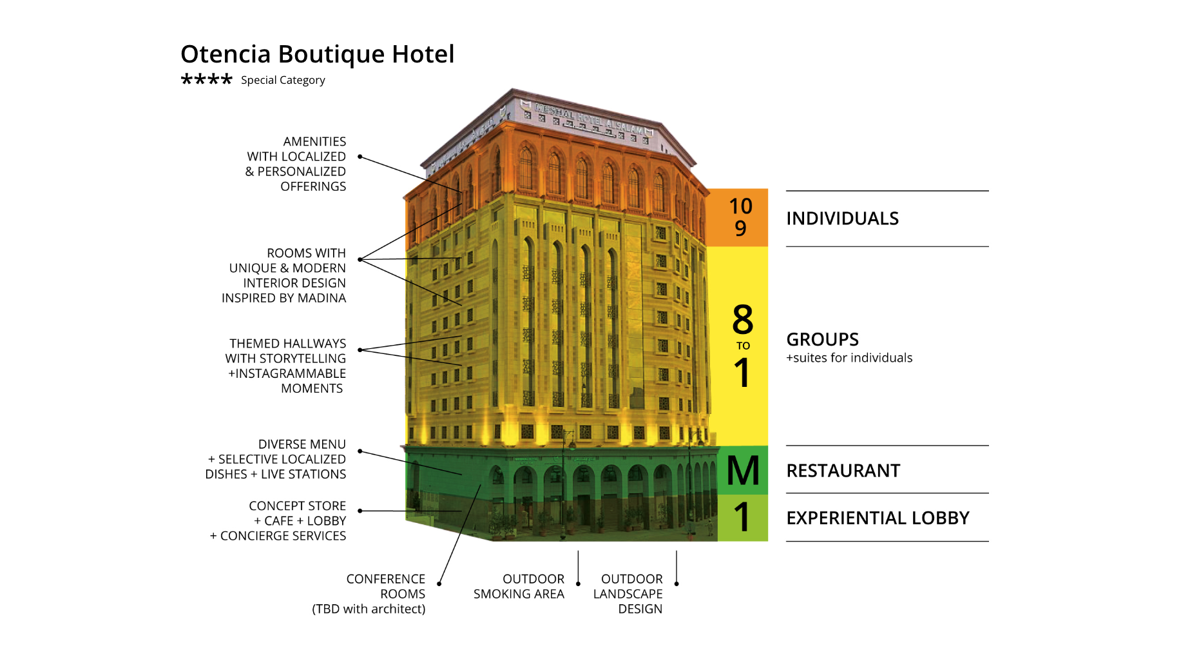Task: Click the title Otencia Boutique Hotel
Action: pos(317,54)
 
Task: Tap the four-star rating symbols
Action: pos(206,80)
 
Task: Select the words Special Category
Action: pos(283,80)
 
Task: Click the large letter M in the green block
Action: pos(743,471)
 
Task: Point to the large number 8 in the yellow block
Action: pos(743,319)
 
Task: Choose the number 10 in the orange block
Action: pos(741,206)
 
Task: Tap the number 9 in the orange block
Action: pos(741,228)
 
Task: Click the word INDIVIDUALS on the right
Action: pos(842,219)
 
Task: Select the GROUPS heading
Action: pos(823,340)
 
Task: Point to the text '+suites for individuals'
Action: pos(849,358)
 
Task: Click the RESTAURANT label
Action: pos(843,471)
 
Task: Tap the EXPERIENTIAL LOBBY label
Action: pos(878,518)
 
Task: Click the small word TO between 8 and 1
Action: pos(743,346)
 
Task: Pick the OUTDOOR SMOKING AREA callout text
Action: pos(519,587)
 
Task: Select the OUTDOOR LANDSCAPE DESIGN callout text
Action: pos(628,594)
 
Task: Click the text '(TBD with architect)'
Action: pos(369,609)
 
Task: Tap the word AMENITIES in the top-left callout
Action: pos(314,142)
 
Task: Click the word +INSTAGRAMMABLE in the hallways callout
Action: pos(287,374)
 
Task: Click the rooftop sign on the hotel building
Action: pos(586,120)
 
